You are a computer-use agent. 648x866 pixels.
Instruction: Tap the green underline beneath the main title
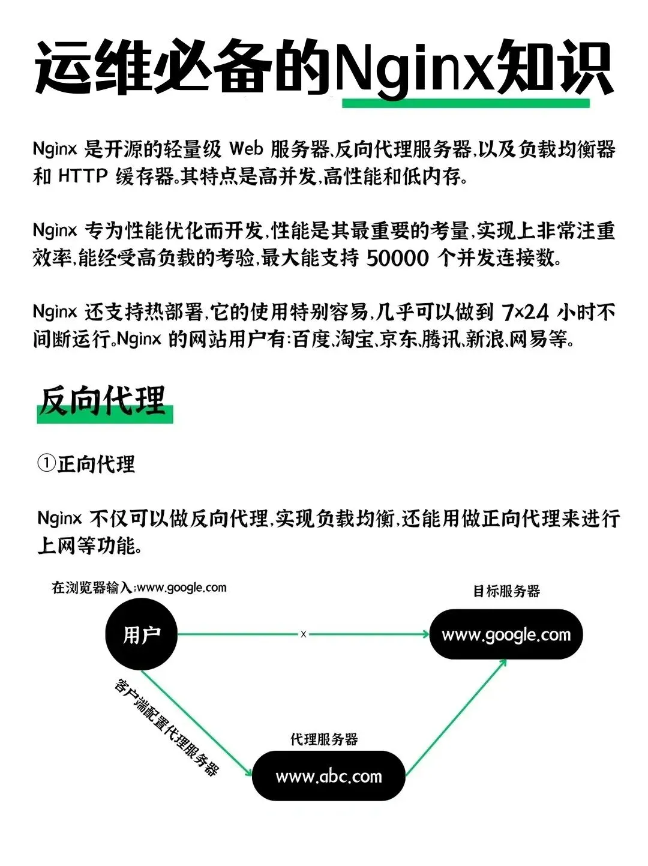[466, 103]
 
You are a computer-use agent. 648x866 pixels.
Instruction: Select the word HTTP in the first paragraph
[83, 176]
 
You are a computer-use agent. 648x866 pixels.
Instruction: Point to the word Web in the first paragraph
[246, 149]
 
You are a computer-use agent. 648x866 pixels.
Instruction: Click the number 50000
[397, 258]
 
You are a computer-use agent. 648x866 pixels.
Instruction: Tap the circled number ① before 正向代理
[46, 464]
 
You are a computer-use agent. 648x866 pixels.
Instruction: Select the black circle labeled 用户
[142, 634]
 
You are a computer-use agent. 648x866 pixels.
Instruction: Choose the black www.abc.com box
[328, 776]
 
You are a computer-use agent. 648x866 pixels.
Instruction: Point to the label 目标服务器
[506, 592]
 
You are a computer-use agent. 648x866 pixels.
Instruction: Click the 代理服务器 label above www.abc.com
[324, 739]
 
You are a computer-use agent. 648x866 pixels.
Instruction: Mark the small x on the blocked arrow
[304, 634]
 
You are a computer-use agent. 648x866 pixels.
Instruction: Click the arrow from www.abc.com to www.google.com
[456, 717]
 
